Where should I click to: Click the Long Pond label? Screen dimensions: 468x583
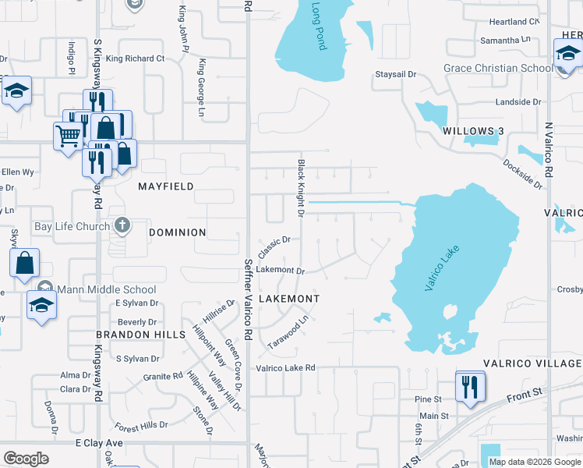(x=320, y=27)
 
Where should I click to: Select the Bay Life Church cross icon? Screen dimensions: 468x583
(x=122, y=226)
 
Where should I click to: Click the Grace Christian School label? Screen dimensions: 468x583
(x=498, y=68)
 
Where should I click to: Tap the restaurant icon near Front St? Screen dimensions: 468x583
(x=470, y=387)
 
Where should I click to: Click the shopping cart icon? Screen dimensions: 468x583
(x=68, y=136)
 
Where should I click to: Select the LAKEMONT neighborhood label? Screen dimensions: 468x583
(x=288, y=299)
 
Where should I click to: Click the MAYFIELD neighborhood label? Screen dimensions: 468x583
(x=165, y=187)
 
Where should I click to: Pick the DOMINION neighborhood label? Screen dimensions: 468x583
(x=177, y=232)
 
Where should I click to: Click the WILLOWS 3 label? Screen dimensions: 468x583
(x=469, y=130)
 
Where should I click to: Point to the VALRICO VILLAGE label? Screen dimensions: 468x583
(x=532, y=363)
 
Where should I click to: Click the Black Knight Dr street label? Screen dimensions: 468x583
(x=300, y=188)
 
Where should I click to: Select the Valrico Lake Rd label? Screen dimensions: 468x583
(x=285, y=367)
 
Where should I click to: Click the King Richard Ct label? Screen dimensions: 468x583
(x=136, y=58)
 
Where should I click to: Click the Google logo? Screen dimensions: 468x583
(x=26, y=459)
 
